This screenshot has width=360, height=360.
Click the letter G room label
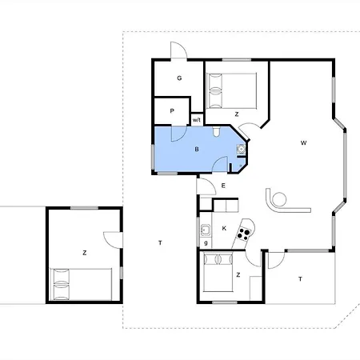(x=179, y=78)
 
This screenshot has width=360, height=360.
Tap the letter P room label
(x=172, y=111)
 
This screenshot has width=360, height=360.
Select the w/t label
(x=197, y=120)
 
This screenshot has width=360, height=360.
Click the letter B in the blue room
(x=197, y=149)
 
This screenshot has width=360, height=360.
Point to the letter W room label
(x=303, y=143)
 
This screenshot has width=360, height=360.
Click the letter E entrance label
(x=223, y=186)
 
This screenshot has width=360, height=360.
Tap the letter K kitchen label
(x=224, y=228)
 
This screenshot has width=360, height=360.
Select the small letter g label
(x=206, y=243)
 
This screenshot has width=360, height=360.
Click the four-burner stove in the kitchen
(x=244, y=234)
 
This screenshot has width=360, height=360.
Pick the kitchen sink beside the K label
(x=206, y=230)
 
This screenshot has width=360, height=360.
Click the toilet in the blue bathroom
(x=216, y=132)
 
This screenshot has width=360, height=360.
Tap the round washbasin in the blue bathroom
(x=241, y=149)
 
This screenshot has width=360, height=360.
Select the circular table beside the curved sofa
(x=279, y=199)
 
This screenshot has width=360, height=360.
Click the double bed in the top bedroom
(x=232, y=90)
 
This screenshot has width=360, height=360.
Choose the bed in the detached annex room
(x=81, y=284)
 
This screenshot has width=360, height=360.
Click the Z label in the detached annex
(x=85, y=253)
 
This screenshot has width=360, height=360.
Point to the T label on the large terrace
(x=160, y=242)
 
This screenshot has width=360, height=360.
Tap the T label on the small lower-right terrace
(x=300, y=279)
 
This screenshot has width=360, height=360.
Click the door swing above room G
(x=178, y=50)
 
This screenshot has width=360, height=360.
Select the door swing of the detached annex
(x=113, y=240)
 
